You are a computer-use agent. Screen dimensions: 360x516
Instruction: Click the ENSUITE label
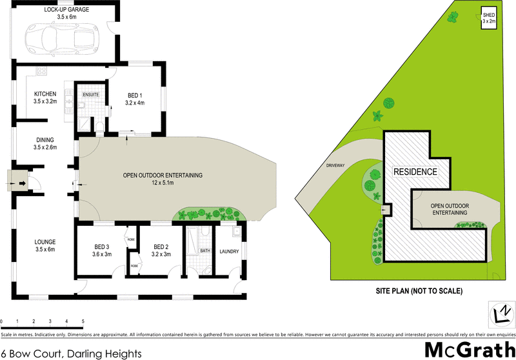coord(90,94)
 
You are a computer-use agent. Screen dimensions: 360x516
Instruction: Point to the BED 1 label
coord(135,97)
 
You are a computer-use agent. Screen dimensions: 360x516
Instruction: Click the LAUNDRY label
coord(229,252)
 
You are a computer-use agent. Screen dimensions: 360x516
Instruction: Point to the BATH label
coord(204,251)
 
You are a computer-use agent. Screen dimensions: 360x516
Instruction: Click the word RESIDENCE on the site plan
coord(415,172)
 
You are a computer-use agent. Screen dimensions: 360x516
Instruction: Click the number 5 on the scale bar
coord(83,321)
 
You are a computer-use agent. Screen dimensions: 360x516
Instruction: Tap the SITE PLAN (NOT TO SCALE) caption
coord(419,291)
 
